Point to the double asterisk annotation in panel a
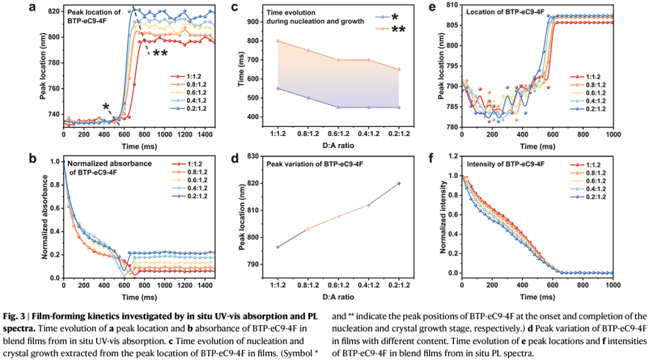pyautogui.click(x=160, y=54)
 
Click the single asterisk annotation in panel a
pyautogui.click(x=106, y=107)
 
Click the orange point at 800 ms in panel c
pyautogui.click(x=278, y=41)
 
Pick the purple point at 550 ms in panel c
pyautogui.click(x=278, y=88)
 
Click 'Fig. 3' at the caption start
pyautogui.click(x=20, y=316)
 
